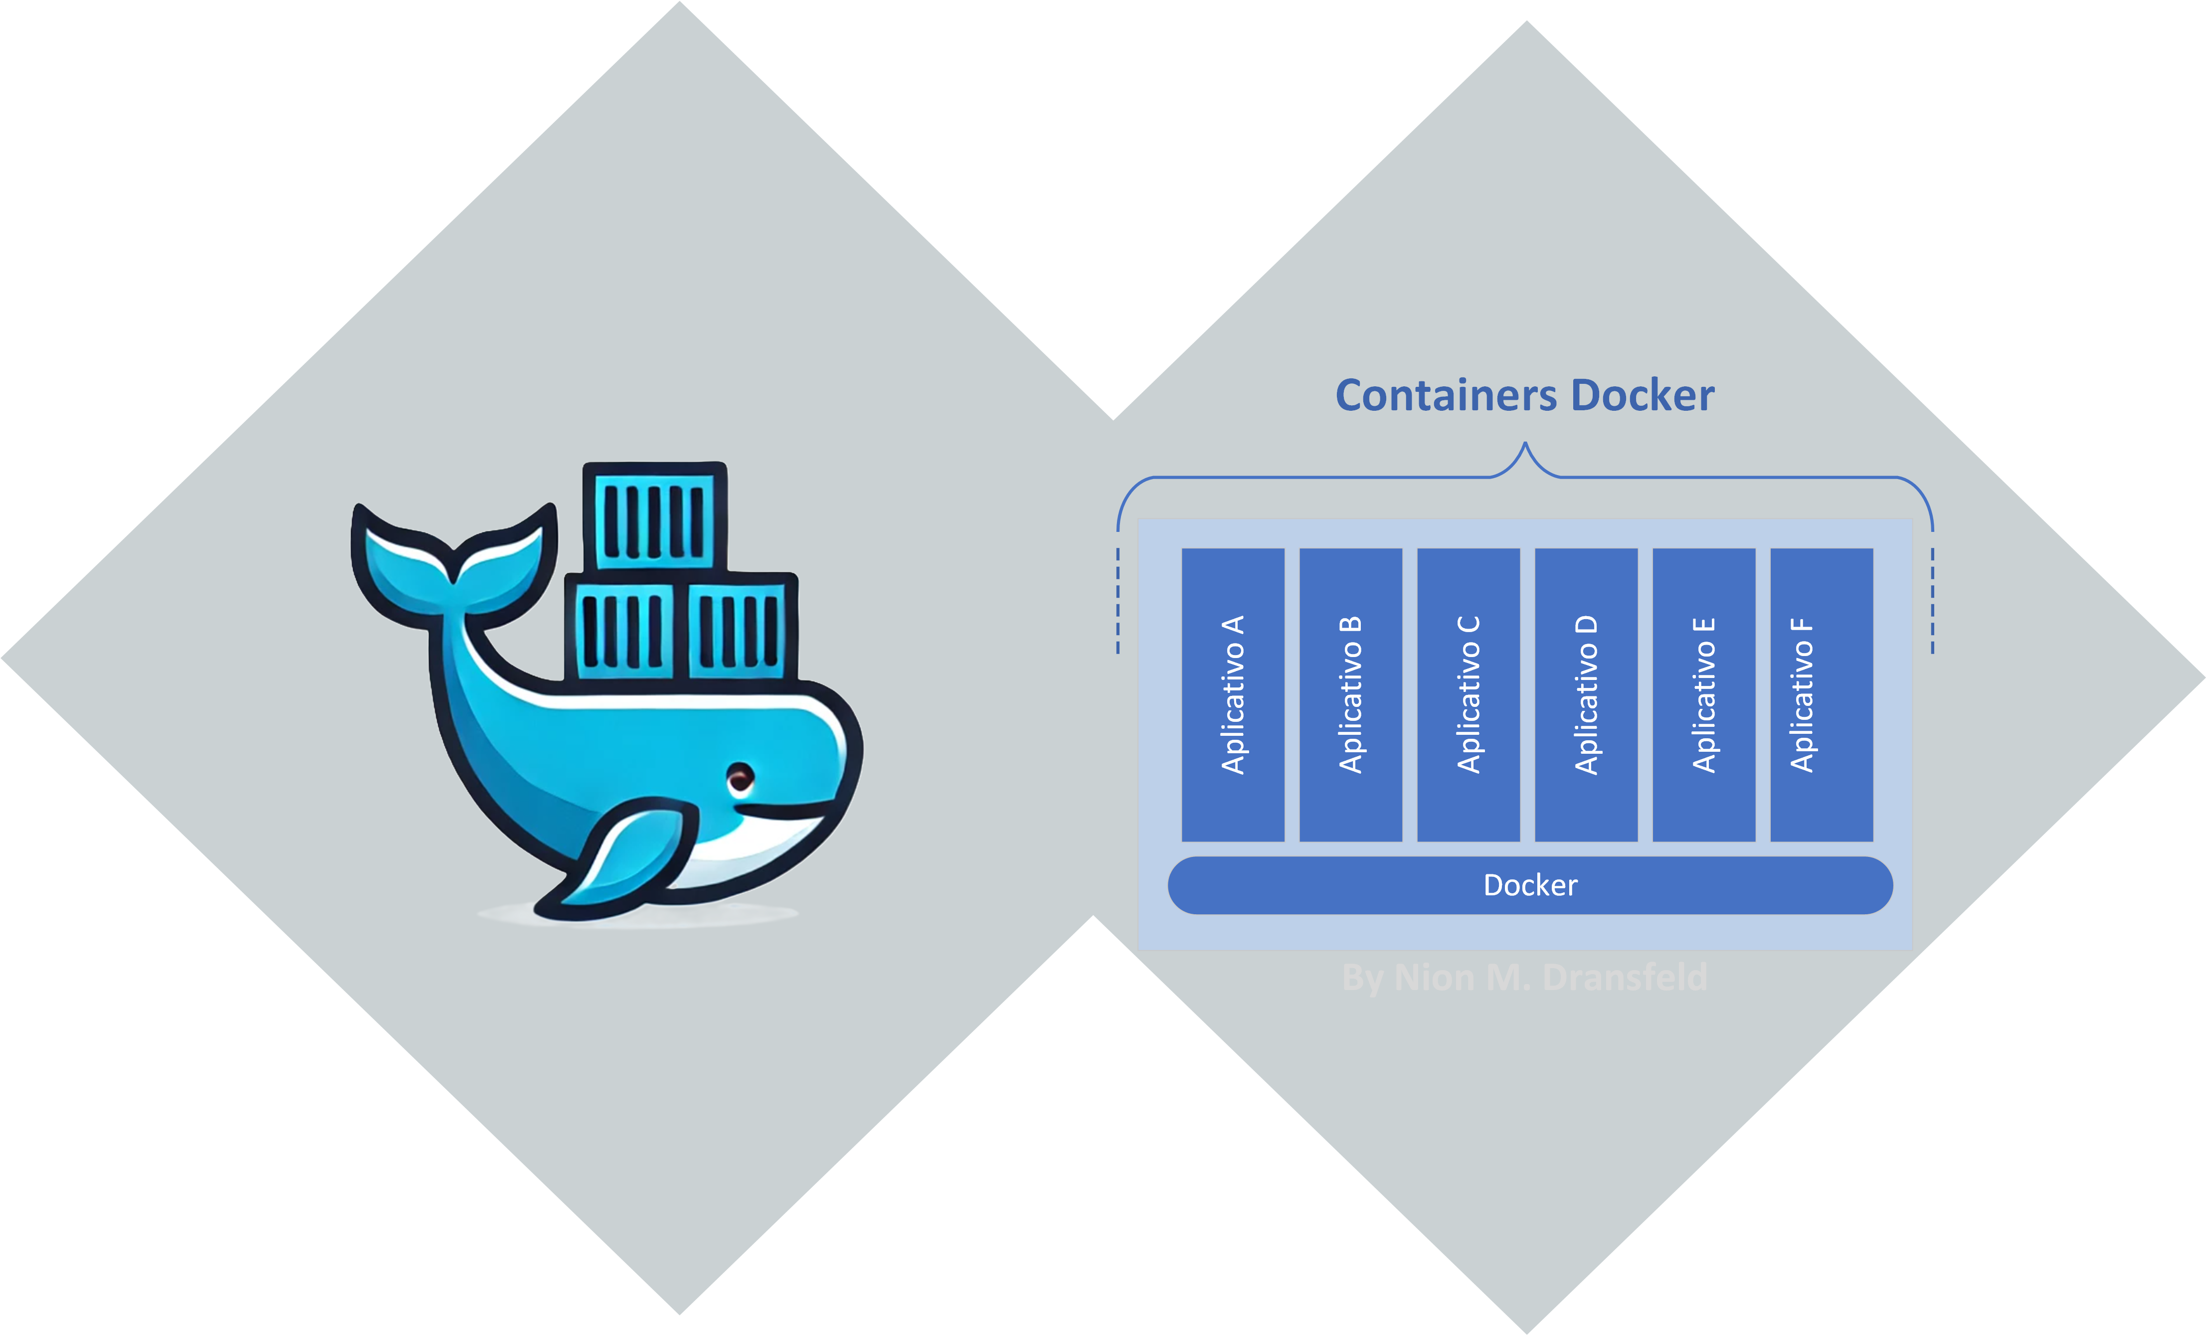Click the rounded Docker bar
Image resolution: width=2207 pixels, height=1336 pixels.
1530,885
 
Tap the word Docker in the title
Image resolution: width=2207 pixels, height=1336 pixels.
1642,396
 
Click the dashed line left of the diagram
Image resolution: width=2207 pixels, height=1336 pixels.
1118,600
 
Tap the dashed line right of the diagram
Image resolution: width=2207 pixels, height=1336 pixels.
1932,600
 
